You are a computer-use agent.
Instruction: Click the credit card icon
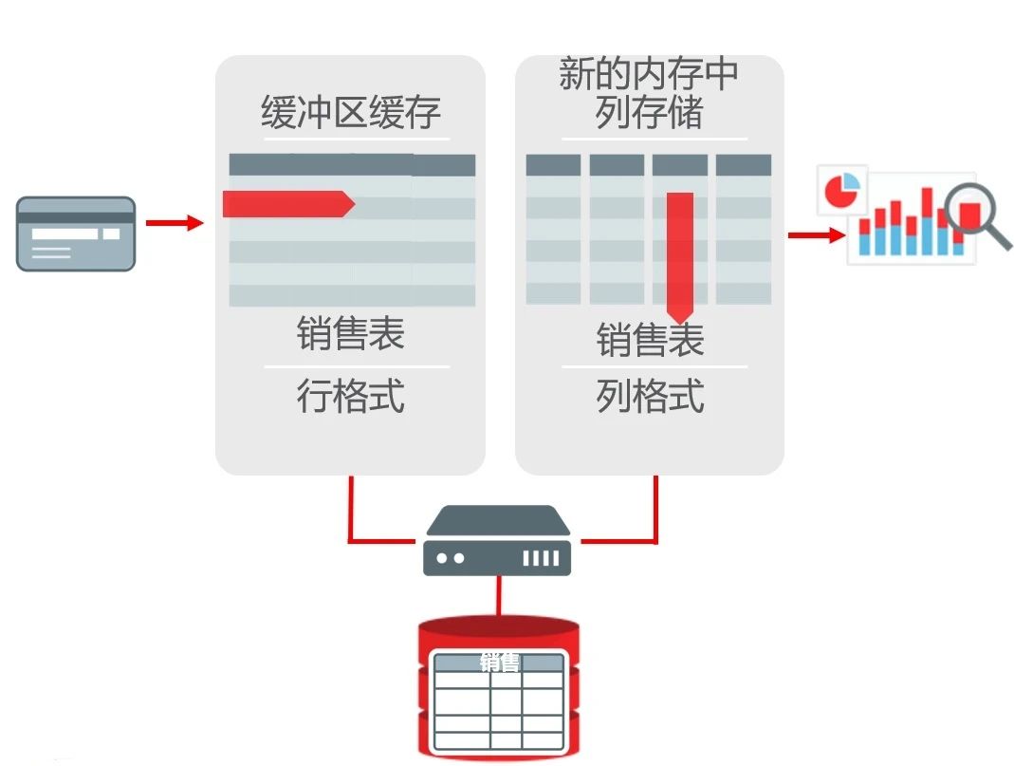click(76, 234)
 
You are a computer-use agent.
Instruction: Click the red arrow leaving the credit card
click(175, 223)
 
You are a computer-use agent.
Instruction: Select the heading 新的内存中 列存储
click(649, 93)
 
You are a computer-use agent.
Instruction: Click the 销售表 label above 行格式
click(351, 334)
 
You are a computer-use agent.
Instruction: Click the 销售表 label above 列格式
click(650, 340)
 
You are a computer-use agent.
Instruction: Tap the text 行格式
click(351, 396)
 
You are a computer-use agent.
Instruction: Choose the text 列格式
click(650, 396)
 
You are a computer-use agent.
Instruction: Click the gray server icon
click(497, 541)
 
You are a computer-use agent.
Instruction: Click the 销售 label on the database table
click(499, 663)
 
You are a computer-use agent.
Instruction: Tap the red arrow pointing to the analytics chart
click(815, 234)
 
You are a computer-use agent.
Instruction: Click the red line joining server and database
click(497, 595)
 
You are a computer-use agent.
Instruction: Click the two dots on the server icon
click(450, 558)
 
